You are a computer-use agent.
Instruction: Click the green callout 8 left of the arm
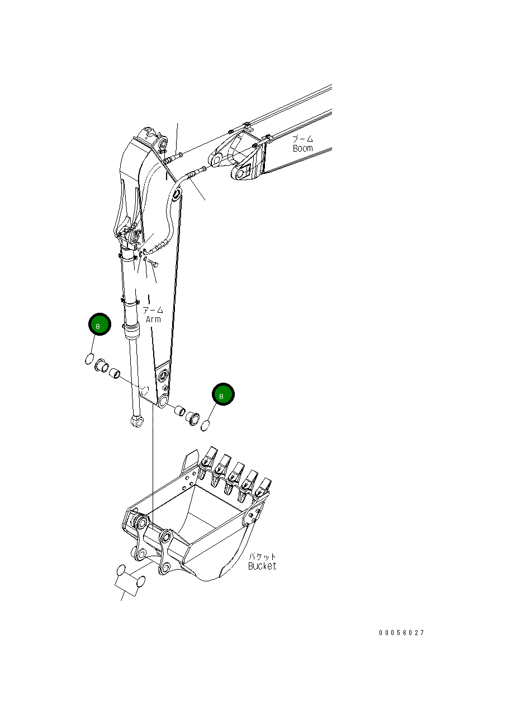point(99,325)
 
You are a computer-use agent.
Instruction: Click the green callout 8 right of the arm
point(223,395)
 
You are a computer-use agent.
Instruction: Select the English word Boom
point(302,148)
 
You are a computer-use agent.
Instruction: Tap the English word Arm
point(153,319)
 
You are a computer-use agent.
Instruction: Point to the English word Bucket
point(262,566)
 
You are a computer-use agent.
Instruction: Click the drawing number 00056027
point(401,633)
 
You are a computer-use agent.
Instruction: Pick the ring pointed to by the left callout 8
point(89,359)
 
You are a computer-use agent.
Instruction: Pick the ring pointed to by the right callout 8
point(206,426)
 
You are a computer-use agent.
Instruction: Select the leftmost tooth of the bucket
point(207,459)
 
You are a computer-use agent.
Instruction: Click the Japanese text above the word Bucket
point(262,556)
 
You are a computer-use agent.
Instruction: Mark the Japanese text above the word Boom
point(302,139)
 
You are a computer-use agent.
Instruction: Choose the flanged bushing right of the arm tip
point(193,417)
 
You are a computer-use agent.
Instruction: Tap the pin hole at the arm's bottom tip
point(163,402)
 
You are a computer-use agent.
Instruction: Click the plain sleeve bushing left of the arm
point(115,373)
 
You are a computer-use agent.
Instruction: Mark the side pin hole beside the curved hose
point(176,195)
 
